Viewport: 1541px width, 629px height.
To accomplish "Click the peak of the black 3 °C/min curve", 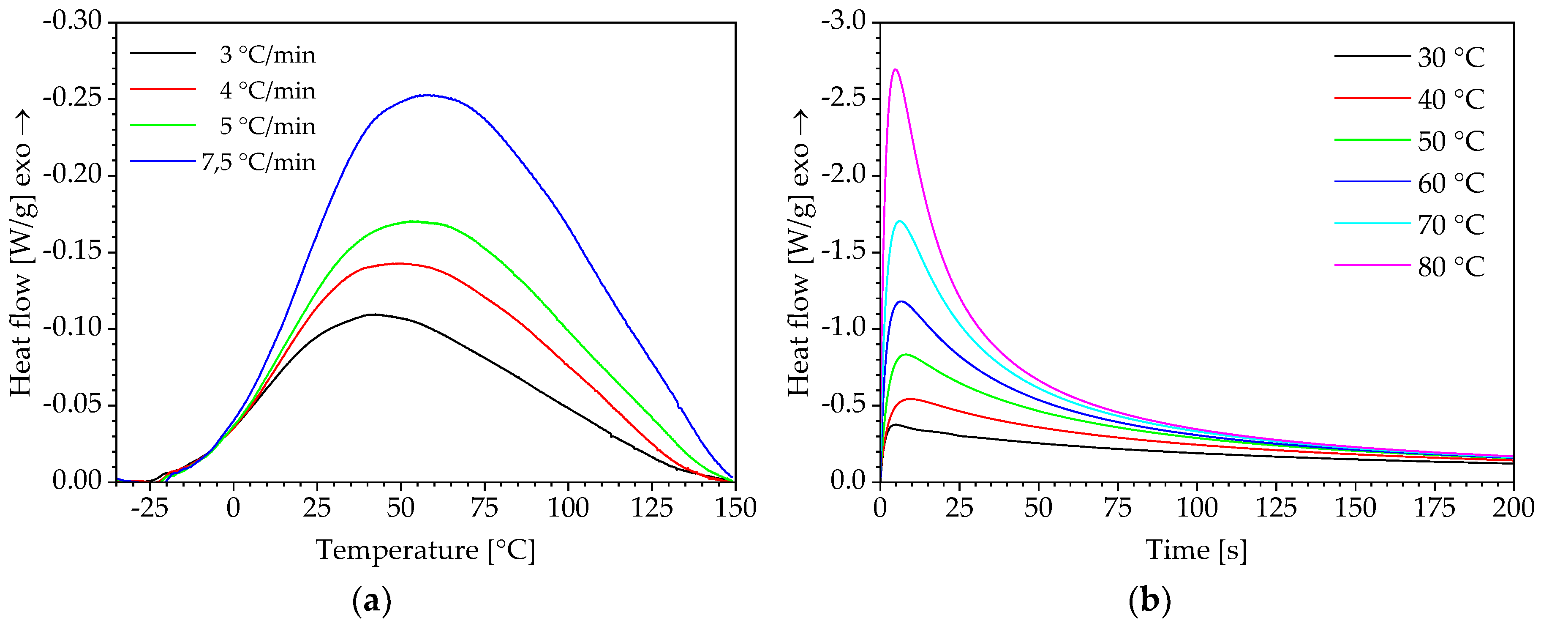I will tap(373, 314).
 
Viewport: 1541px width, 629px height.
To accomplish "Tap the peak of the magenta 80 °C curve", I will tap(895, 69).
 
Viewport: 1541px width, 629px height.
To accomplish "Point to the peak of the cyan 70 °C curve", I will tap(899, 221).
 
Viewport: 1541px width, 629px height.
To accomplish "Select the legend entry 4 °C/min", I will tap(267, 90).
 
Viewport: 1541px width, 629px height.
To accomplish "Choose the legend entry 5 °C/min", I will tap(267, 126).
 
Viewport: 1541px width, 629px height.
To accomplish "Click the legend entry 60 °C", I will tap(1451, 183).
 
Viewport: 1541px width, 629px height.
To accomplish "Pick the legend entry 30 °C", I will tap(1451, 57).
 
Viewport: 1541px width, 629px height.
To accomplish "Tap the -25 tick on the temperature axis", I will tap(150, 508).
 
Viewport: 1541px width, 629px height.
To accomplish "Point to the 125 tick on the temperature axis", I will tap(651, 508).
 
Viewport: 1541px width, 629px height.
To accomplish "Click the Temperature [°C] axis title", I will tap(425, 550).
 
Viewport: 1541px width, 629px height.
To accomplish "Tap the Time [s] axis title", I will tap(1196, 550).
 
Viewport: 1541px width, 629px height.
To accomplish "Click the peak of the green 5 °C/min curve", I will tap(413, 222).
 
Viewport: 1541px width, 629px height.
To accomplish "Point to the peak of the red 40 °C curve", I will tap(910, 399).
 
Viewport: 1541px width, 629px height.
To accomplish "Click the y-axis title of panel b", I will tap(799, 252).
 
